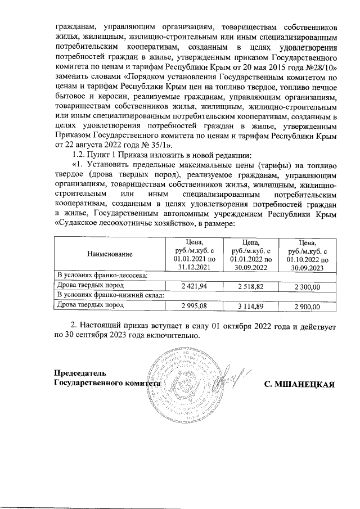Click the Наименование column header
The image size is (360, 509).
coord(110,254)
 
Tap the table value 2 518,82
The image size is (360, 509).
coord(251,287)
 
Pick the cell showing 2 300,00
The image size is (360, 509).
coord(307,287)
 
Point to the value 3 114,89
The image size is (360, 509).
coord(251,307)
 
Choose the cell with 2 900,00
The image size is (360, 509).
coord(307,307)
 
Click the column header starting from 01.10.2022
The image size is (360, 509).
coord(307,254)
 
